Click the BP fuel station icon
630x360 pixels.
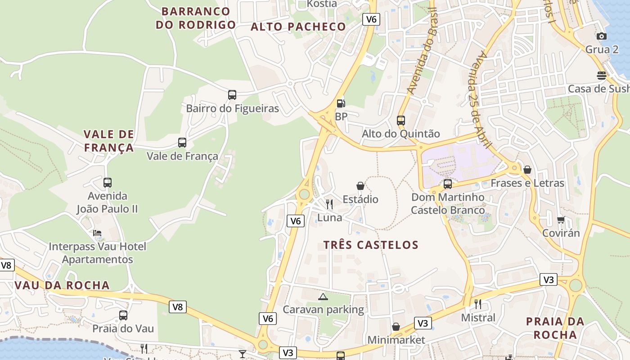tap(341, 103)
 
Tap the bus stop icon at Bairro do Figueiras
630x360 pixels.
tap(232, 95)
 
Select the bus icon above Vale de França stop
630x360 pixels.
tap(182, 143)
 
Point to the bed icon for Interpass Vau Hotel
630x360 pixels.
tap(97, 233)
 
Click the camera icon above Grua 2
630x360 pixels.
tap(601, 36)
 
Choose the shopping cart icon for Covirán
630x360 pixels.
tap(561, 220)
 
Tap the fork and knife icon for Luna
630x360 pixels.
tap(329, 204)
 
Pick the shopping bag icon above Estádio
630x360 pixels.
tap(360, 186)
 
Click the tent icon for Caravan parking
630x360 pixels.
tap(323, 297)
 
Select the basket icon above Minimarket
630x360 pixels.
tap(396, 327)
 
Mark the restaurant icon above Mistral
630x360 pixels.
tap(478, 304)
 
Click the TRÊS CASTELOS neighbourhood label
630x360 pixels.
tap(371, 245)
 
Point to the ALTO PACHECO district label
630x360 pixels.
tap(298, 27)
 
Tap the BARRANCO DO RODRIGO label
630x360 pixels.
tap(196, 18)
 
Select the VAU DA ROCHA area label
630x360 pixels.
tap(62, 285)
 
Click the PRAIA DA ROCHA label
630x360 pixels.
tap(555, 328)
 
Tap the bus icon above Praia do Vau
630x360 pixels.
tap(123, 315)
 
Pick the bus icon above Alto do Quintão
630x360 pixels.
tap(400, 120)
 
